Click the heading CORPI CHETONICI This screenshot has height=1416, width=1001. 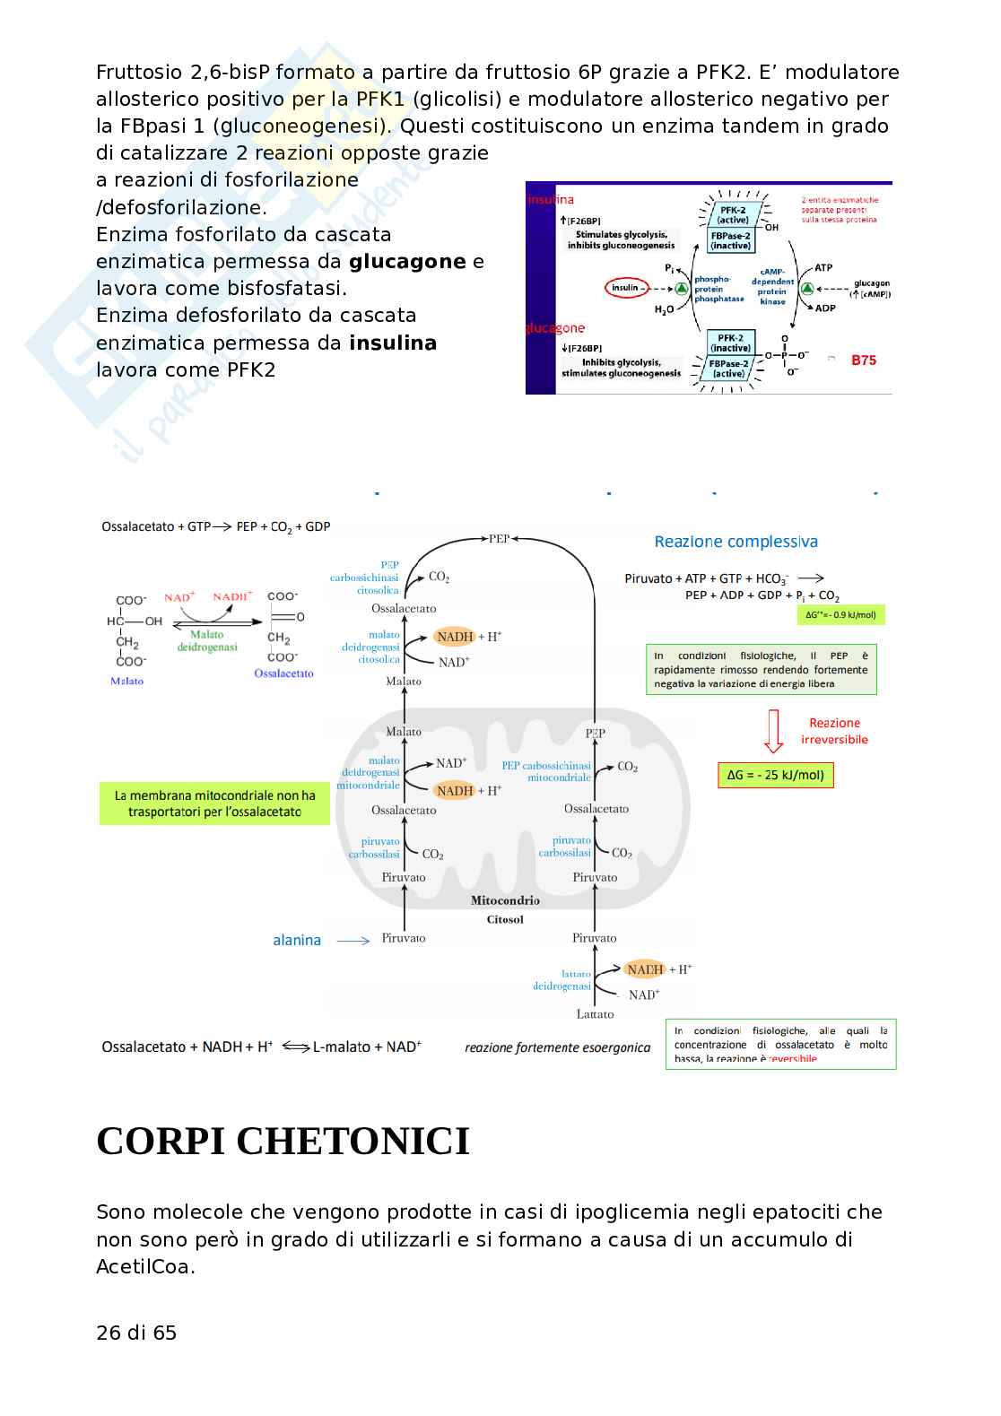283,1142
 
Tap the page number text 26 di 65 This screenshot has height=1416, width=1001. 136,1333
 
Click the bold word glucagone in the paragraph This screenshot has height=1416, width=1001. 407,262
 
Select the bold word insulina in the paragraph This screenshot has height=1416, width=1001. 393,343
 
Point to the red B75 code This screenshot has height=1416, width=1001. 863,361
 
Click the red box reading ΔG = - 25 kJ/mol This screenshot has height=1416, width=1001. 776,775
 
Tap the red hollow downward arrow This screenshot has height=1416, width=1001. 772,731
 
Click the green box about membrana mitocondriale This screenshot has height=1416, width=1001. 214,804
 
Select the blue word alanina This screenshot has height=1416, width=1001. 297,940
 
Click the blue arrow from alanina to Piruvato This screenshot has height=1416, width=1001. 353,941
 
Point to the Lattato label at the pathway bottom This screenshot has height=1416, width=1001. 595,1014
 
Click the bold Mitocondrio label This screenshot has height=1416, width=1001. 505,900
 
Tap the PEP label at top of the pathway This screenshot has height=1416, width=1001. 499,539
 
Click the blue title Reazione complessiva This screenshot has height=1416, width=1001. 736,542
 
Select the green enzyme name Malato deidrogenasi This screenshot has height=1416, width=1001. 207,640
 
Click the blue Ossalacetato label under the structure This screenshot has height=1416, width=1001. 283,673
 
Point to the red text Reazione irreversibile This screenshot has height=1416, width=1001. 834,731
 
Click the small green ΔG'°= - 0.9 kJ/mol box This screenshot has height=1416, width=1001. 840,615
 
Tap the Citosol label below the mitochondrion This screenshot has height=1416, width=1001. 505,919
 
